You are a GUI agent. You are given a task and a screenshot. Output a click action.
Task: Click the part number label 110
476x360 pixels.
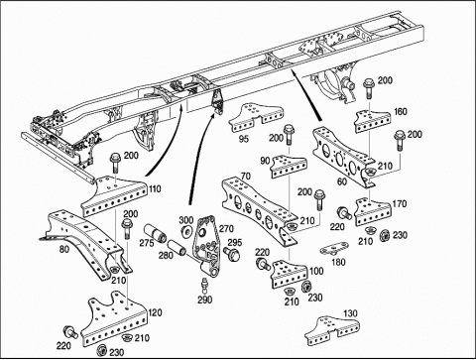[155, 189]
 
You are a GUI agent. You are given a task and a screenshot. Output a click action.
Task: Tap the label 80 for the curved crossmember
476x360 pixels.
[64, 249]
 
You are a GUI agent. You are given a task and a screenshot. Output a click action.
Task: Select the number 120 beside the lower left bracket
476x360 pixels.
[155, 312]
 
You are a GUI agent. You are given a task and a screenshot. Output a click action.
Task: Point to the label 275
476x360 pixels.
[147, 243]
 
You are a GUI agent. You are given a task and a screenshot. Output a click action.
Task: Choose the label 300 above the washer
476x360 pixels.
[186, 220]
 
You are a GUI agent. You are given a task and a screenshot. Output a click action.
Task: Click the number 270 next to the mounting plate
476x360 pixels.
[226, 228]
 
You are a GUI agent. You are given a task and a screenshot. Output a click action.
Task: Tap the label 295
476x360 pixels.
[235, 243]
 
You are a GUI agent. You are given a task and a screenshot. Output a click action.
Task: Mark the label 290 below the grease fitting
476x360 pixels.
[205, 300]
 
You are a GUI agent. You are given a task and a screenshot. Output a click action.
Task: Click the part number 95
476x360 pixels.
[244, 139]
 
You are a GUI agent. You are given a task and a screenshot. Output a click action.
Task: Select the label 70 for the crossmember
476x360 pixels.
[246, 177]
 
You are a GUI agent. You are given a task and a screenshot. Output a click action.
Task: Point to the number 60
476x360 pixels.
[341, 182]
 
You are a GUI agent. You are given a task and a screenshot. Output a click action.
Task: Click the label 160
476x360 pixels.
[401, 112]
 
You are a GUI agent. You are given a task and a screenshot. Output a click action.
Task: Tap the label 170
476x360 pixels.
[399, 204]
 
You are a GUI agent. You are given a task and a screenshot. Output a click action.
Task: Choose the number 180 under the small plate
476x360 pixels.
[338, 262]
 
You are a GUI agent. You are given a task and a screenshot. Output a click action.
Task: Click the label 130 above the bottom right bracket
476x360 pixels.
[350, 313]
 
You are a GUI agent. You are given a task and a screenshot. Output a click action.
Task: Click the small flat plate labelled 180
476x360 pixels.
[335, 248]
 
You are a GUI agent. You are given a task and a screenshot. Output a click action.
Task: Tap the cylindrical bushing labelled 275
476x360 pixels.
[155, 233]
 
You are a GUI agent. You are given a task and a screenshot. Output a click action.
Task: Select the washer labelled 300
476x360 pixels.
[187, 231]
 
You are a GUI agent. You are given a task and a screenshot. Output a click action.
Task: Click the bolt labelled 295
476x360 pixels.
[233, 254]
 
